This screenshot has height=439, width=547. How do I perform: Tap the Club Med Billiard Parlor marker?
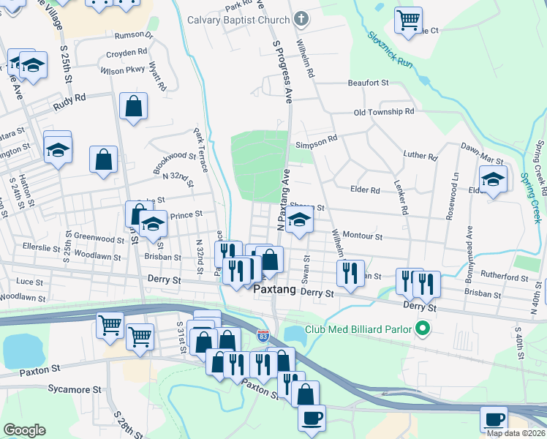pyautogui.click(x=421, y=329)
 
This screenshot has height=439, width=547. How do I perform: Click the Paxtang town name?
pyautogui.click(x=274, y=290)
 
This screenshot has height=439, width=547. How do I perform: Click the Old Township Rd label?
pyautogui.click(x=384, y=112)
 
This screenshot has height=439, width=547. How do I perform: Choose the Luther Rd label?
pyautogui.click(x=420, y=157)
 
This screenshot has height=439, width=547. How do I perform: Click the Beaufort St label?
pyautogui.click(x=368, y=83)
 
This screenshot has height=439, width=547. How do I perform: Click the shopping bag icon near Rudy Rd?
pyautogui.click(x=133, y=107)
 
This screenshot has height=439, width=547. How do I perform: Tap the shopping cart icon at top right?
pyautogui.click(x=408, y=19)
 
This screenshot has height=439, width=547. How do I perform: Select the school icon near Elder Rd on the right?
pyautogui.click(x=493, y=179)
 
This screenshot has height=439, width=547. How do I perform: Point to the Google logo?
pyautogui.click(x=24, y=430)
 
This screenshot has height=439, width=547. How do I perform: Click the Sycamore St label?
pyautogui.click(x=69, y=391)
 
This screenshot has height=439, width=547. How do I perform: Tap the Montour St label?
pyautogui.click(x=363, y=236)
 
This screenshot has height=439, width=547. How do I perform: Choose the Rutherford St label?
pyautogui.click(x=505, y=278)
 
